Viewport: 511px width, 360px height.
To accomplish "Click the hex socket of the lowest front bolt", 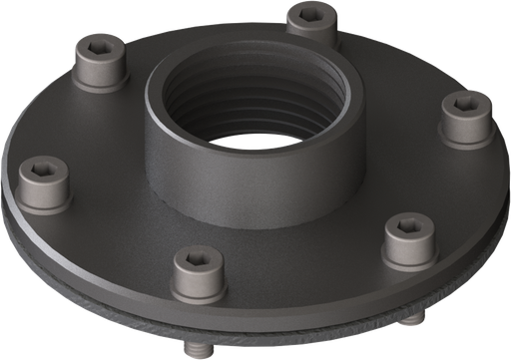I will pos(197,261).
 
